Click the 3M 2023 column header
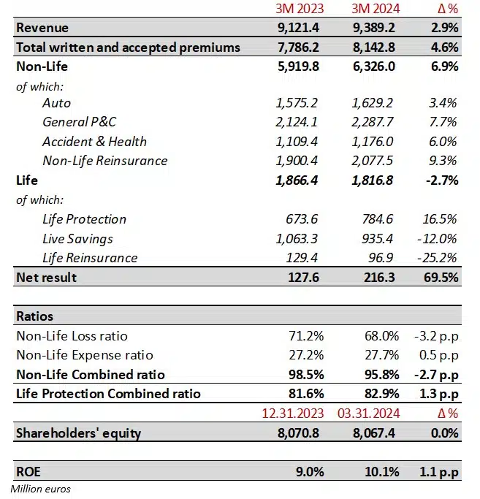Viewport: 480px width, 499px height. click(x=295, y=9)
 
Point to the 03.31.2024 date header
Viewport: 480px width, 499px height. click(x=370, y=414)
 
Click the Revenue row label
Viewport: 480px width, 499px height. click(x=42, y=28)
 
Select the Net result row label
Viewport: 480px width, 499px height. click(x=46, y=277)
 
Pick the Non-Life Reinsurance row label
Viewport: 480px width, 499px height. click(x=104, y=161)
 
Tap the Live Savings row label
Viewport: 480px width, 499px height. click(x=77, y=239)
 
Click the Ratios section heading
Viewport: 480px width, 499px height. click(x=34, y=316)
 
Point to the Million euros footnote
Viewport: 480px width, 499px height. click(x=41, y=489)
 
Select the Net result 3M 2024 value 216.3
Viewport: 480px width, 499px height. click(x=381, y=277)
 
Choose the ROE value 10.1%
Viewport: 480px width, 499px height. click(x=381, y=471)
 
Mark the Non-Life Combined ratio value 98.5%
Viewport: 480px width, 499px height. click(x=305, y=375)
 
